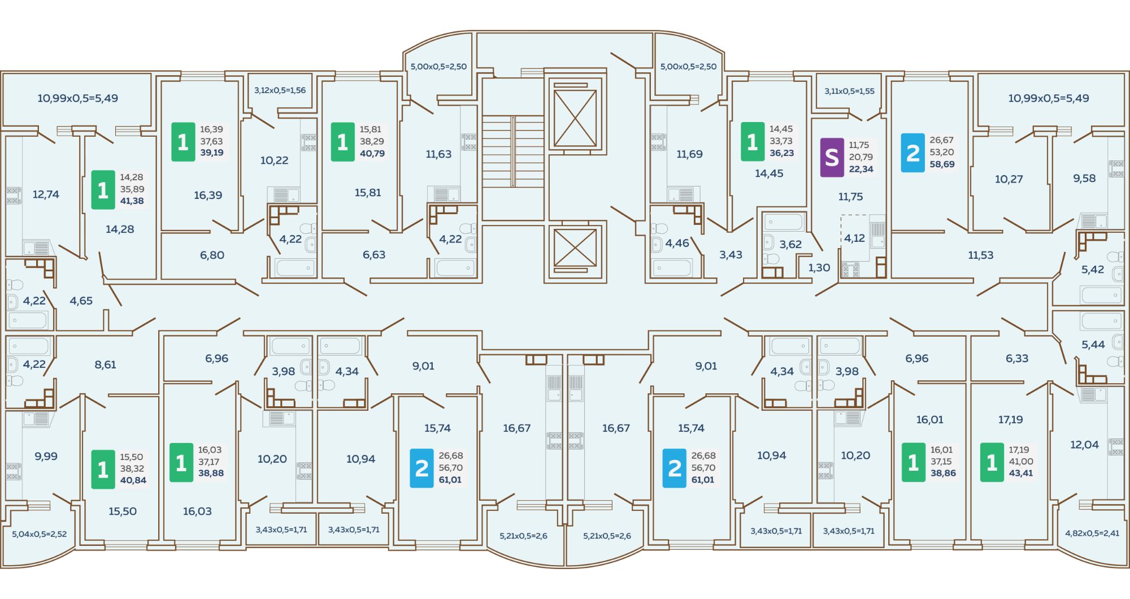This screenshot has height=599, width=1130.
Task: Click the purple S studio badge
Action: coord(832,158)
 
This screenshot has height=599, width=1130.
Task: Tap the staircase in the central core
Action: coord(512,151)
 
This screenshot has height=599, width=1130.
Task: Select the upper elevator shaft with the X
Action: coord(575,118)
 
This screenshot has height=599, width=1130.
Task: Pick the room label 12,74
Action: coord(46,194)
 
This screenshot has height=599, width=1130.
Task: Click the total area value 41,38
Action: coord(132,201)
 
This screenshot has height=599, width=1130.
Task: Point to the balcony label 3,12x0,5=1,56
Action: coord(280,90)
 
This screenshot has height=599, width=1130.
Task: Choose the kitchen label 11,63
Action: coord(438,154)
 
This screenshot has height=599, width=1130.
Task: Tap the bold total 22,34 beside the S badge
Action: coord(861,169)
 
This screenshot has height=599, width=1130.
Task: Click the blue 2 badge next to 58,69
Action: coord(912,153)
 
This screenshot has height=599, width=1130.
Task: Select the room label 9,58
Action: coord(1084,179)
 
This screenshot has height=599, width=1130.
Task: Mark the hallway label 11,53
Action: coord(980,255)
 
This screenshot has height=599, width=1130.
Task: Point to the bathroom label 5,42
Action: coord(1092,270)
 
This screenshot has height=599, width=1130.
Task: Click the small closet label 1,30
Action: coord(819,268)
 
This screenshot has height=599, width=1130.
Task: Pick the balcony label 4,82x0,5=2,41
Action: coord(1092,533)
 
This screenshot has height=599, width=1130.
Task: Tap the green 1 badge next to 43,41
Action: coord(992,462)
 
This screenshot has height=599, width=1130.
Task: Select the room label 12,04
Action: coord(1084,445)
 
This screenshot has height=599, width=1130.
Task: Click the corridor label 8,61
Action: coord(105,365)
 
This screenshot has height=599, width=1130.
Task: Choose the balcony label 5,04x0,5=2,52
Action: coord(40,534)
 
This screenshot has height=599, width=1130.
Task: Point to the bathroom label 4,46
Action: coord(677,244)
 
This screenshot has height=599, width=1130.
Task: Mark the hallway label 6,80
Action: coord(212,255)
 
